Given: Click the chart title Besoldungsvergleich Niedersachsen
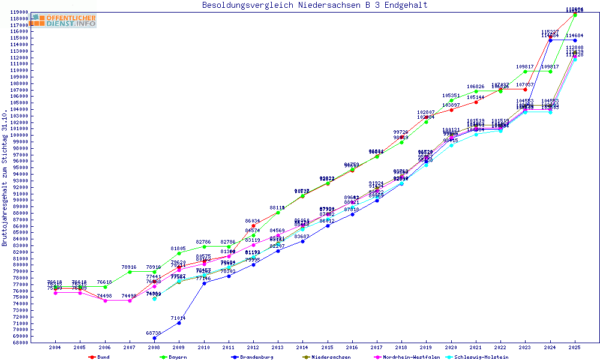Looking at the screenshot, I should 315,5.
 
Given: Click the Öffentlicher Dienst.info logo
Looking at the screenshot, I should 64,21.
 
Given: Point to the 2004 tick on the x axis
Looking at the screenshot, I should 55,347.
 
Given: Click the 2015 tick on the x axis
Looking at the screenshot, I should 327,347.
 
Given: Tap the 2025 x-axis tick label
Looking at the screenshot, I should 575,347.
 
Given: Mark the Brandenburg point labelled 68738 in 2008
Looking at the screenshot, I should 154,338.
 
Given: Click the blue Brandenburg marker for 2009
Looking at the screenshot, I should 179,323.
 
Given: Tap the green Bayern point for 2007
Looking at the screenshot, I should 129,272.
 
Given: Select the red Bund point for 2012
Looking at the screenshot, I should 253,226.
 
